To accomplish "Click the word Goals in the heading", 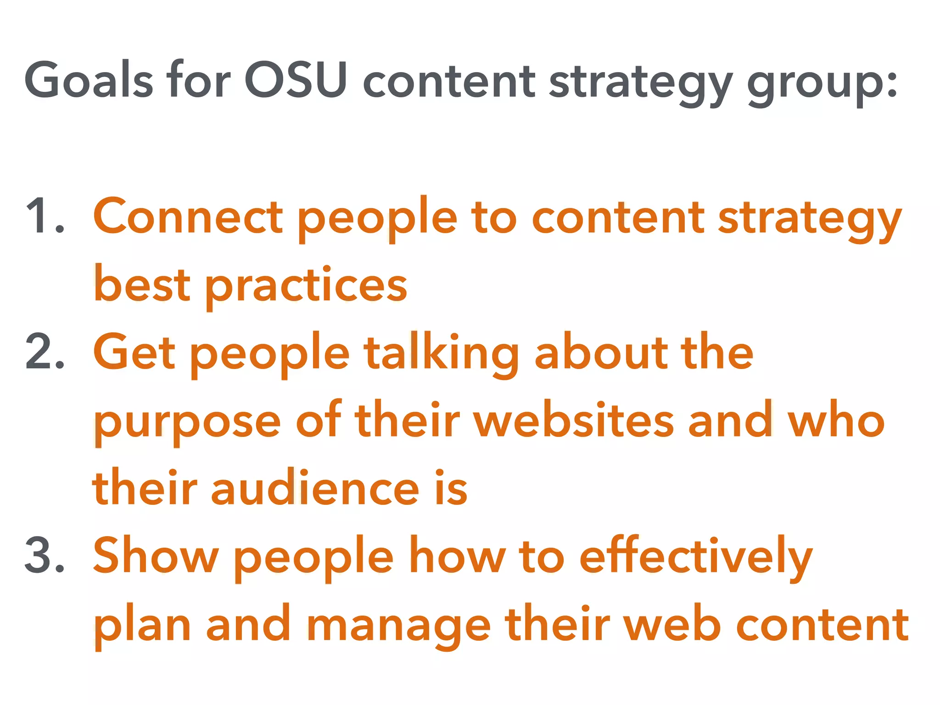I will [x=89, y=80].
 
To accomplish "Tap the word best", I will [x=142, y=285].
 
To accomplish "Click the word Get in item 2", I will [x=134, y=352].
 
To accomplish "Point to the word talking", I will [x=441, y=353].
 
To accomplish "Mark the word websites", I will [x=574, y=420].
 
